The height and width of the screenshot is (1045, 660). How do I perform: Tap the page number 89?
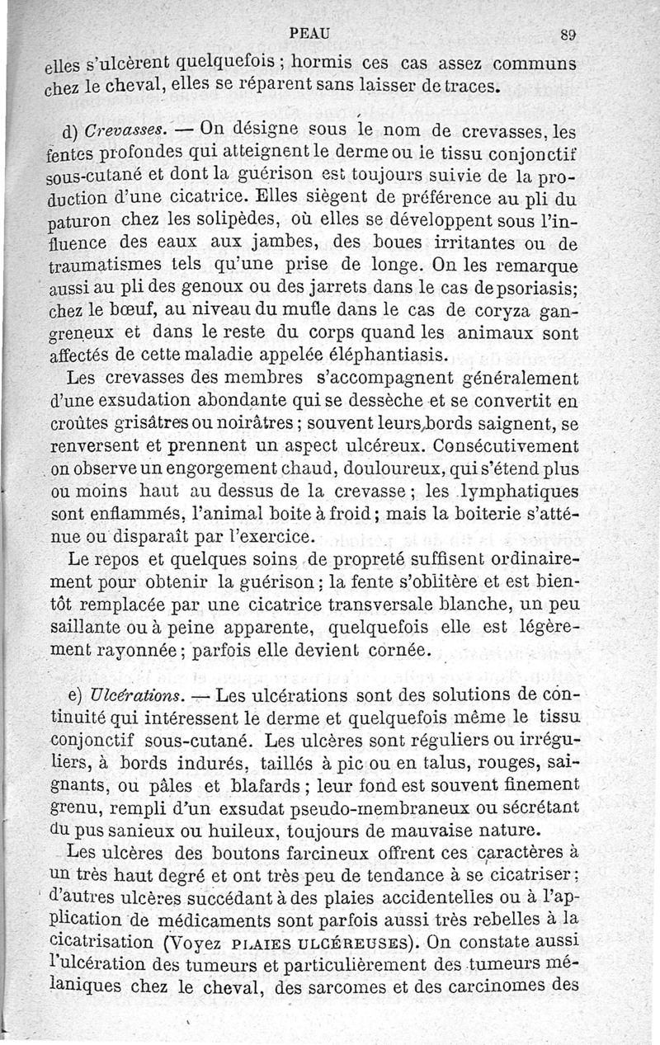(567, 35)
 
